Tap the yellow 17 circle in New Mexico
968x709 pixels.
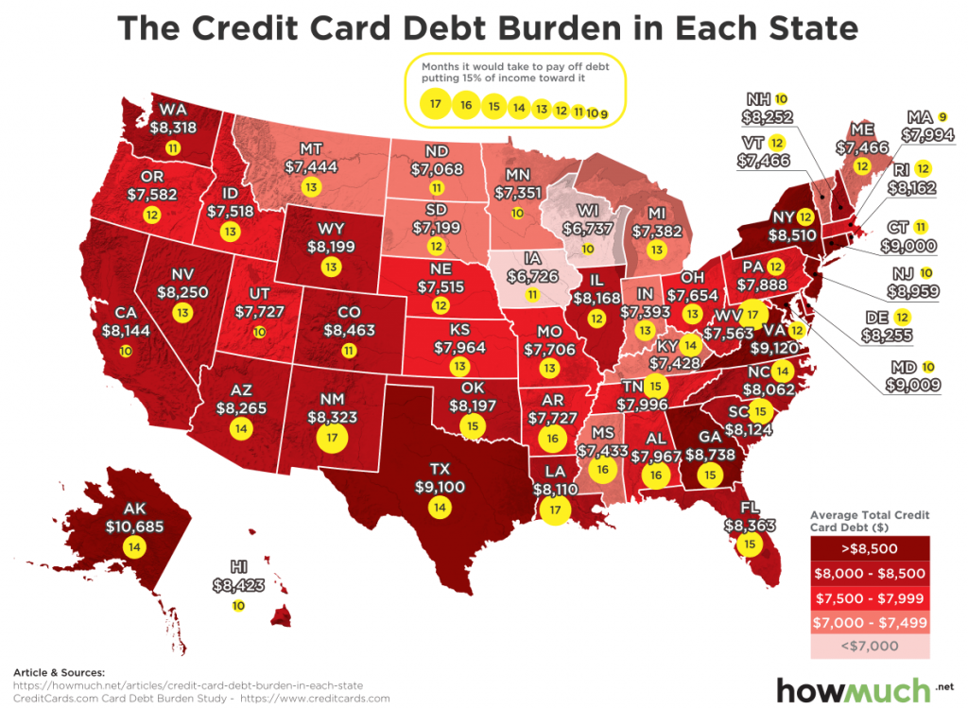332,438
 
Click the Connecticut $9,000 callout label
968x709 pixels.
910,245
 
